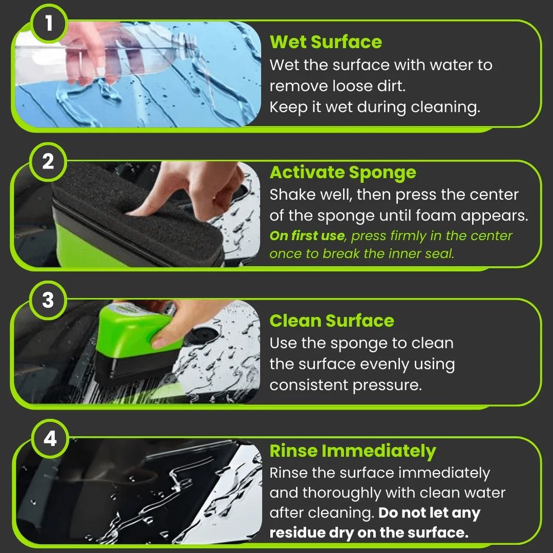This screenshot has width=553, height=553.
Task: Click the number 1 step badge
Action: pyautogui.click(x=49, y=24)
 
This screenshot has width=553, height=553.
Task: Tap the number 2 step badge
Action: pyautogui.click(x=48, y=162)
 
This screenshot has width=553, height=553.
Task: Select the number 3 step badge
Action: pyautogui.click(x=48, y=300)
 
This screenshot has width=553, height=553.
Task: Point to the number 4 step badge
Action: pyautogui.click(x=50, y=438)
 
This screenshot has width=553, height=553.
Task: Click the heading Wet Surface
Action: pyautogui.click(x=325, y=42)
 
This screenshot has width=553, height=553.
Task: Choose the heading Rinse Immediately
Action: pyautogui.click(x=353, y=451)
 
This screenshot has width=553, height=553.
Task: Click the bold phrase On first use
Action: pyautogui.click(x=307, y=236)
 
